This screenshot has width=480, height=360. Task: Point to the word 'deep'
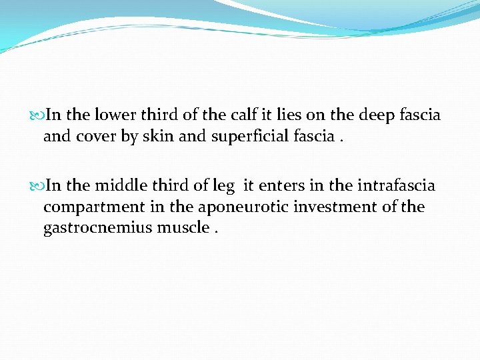pyautogui.click(x=378, y=115)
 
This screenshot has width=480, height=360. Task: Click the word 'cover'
pyautogui.click(x=96, y=137)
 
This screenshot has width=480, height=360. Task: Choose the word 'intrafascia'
pyautogui.click(x=396, y=185)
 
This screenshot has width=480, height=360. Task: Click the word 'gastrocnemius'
pyautogui.click(x=98, y=228)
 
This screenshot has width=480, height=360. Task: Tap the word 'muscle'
pyautogui.click(x=183, y=228)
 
